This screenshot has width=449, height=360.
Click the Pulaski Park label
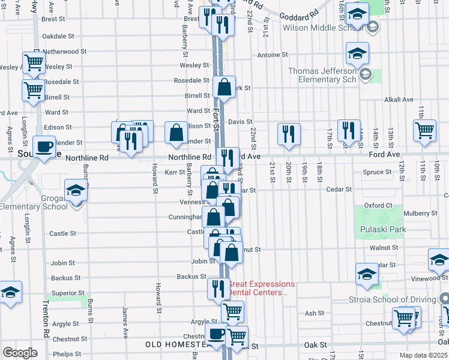click(x=383, y=230)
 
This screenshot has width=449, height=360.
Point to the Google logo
click(x=19, y=352)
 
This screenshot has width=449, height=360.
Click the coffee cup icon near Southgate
click(x=43, y=147)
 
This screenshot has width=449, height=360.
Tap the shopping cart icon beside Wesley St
click(x=34, y=63)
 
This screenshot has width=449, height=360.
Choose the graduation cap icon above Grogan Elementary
click(x=76, y=191)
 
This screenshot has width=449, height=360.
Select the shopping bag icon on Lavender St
click(x=177, y=134)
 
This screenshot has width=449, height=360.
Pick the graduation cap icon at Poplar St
click(x=367, y=274)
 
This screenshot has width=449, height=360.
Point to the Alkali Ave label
click(x=399, y=100)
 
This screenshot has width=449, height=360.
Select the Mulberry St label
click(x=421, y=213)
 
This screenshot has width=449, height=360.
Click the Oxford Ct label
click(x=378, y=205)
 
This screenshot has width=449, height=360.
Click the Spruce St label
click(x=377, y=172)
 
